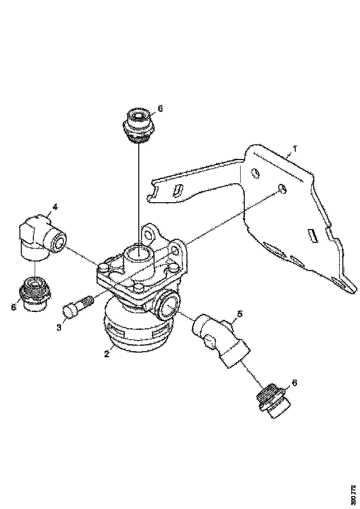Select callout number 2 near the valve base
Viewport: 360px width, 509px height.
(x=106, y=354)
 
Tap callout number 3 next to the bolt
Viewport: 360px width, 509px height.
(x=59, y=327)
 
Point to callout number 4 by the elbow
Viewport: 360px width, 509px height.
(x=55, y=207)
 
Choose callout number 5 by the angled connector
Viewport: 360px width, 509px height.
(x=240, y=314)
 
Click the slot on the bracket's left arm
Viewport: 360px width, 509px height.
(x=178, y=190)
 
